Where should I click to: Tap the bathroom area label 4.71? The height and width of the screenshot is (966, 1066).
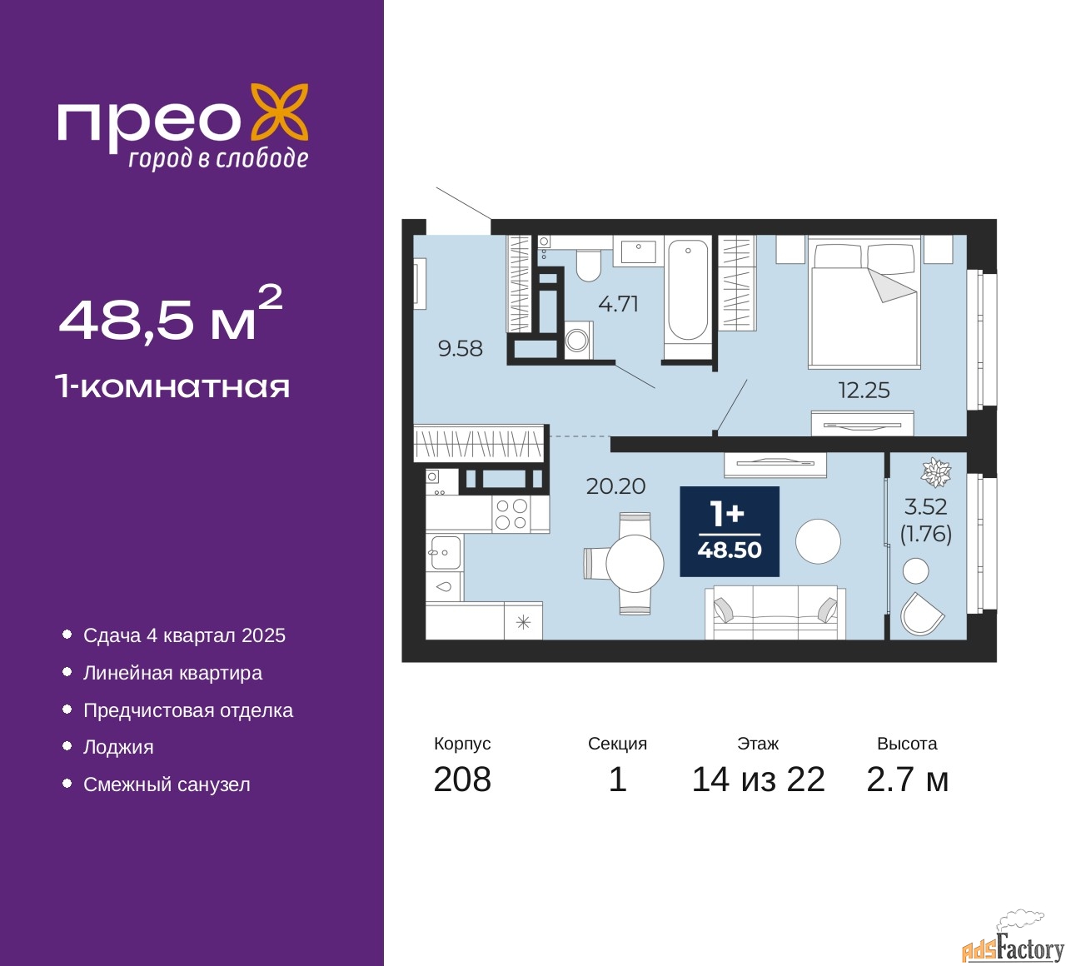[618, 305]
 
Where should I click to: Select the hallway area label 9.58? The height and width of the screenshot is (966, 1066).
[461, 349]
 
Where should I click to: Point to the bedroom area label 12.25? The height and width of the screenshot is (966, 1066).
[864, 391]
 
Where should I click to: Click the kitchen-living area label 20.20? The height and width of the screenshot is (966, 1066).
[616, 486]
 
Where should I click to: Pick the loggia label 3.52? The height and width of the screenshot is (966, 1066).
[926, 507]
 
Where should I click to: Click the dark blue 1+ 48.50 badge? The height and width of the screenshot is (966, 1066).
[730, 531]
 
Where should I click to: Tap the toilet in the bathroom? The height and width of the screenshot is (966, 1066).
[588, 265]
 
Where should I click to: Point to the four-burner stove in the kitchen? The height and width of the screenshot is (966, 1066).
[511, 513]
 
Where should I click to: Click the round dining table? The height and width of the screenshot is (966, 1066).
[635, 563]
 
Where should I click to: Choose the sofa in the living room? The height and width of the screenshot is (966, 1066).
[775, 613]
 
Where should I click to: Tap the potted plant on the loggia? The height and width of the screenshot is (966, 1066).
[936, 472]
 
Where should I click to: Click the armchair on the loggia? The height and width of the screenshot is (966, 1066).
[921, 614]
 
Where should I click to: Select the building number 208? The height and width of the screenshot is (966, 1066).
[462, 779]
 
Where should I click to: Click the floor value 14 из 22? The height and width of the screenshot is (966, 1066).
[758, 779]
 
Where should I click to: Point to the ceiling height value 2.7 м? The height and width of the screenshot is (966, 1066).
[907, 779]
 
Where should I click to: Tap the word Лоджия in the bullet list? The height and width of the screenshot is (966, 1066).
[118, 748]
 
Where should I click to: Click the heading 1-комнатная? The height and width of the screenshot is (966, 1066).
[173, 387]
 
